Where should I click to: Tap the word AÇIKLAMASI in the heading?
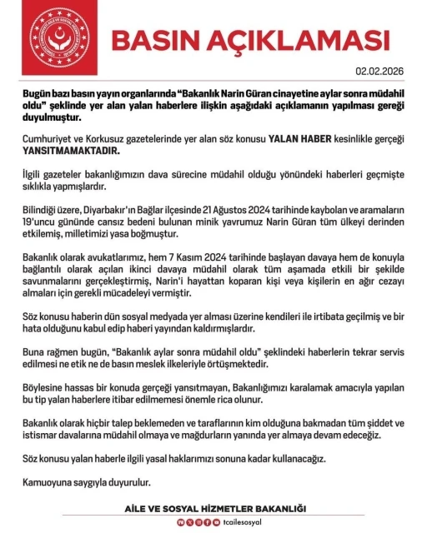coord(299,39)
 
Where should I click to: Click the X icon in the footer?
coord(189,521)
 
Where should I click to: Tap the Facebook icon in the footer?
coord(207,521)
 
